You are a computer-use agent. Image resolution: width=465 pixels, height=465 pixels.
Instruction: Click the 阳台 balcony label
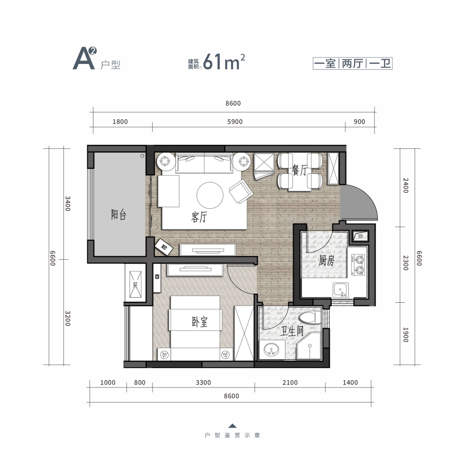point(119,214)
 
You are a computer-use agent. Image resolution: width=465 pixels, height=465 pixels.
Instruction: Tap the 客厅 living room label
point(199,217)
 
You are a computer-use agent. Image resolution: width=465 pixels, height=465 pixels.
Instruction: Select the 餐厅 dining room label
point(299,170)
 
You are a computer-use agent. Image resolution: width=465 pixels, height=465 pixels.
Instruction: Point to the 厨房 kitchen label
point(326,261)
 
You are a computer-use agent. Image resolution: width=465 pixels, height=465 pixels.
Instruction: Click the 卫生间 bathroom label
point(292,331)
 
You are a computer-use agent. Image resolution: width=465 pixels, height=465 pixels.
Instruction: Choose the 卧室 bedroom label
point(200,322)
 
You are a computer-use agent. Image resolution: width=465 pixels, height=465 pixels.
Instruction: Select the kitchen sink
point(341,290)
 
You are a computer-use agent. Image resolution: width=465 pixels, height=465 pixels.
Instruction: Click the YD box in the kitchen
point(360,236)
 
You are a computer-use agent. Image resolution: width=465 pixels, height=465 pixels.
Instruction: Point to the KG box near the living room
point(164,247)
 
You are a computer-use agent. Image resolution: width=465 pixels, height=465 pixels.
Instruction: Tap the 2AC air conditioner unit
point(135,284)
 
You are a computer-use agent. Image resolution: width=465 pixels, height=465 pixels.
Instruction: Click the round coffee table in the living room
point(210,195)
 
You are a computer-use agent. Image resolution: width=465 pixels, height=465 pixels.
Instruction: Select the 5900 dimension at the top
point(235,122)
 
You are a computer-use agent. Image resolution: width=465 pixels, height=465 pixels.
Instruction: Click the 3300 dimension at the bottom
point(203,383)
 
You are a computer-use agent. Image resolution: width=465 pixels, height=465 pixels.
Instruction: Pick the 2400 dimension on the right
point(406,186)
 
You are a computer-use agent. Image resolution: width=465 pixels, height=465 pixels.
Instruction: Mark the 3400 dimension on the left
point(68,203)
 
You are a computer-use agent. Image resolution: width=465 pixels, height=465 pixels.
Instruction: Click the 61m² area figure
point(224,62)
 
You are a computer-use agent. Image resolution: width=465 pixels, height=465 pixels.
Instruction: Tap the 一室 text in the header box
point(325,63)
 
